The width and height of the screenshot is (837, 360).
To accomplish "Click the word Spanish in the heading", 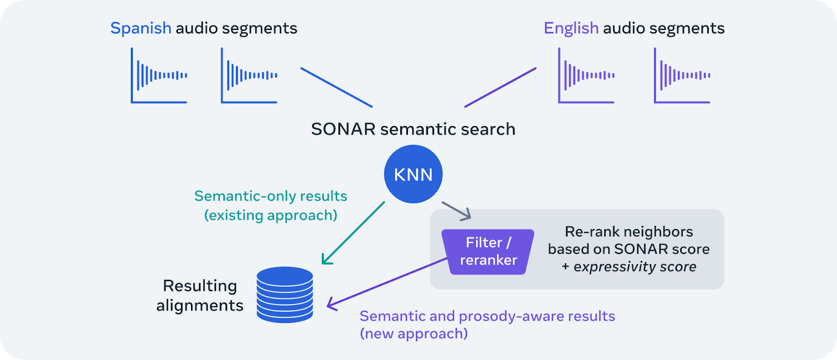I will [141, 28].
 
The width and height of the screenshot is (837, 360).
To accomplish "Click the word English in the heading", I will [571, 28].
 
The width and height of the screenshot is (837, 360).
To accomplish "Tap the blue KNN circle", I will [413, 174].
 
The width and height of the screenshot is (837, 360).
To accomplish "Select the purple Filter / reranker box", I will [488, 252].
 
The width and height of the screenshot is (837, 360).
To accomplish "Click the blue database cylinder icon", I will [285, 295].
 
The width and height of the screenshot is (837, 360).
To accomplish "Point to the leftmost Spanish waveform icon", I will [159, 75].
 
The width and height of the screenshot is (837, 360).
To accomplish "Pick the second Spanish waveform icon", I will [249, 75].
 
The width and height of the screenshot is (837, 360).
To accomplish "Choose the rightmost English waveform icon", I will [682, 75].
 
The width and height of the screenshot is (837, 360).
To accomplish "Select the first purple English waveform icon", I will [586, 75].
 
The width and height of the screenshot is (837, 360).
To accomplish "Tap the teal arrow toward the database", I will [353, 233].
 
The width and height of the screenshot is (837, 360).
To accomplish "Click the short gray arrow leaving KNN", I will [456, 210].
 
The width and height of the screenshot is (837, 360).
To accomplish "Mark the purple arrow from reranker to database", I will [387, 282].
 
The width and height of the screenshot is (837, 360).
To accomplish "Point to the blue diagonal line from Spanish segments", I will [336, 87].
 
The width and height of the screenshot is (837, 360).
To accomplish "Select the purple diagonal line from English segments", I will [500, 87].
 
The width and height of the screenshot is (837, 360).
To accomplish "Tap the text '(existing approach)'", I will [270, 216].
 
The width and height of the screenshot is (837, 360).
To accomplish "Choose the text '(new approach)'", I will [414, 334].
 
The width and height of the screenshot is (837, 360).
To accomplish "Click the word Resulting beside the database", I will [200, 286].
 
